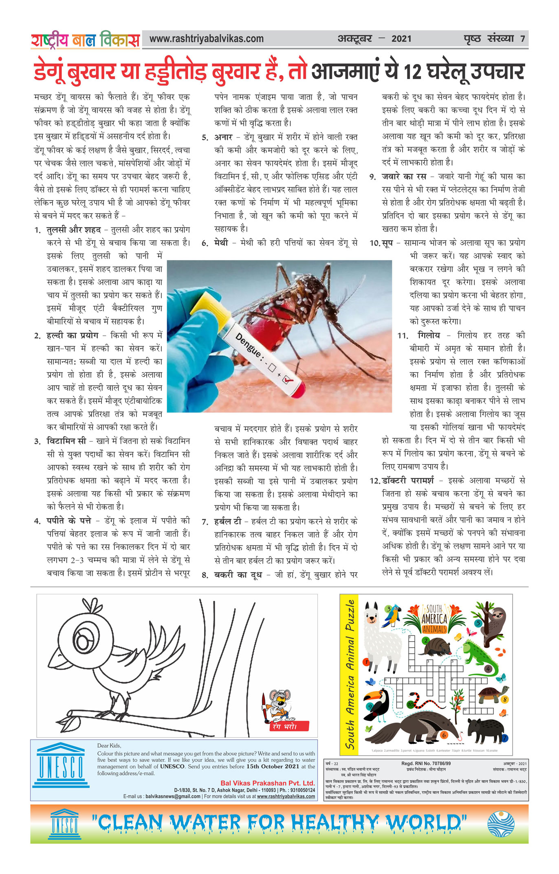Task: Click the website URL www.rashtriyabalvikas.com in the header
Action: [x=206, y=39]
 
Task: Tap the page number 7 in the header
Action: [x=522, y=39]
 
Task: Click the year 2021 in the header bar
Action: [x=401, y=39]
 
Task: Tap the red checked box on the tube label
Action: [x=288, y=379]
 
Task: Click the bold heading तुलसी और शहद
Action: [x=74, y=230]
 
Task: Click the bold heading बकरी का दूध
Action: [x=238, y=575]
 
